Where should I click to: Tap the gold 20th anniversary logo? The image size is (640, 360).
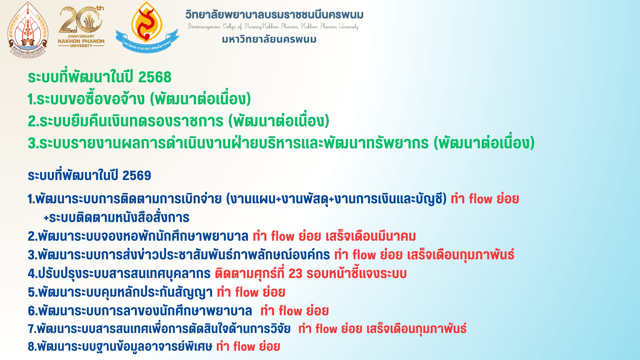tap(81, 27)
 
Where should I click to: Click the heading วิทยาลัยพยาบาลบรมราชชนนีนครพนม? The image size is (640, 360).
tap(274, 15)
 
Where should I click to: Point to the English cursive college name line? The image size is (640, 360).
tap(273, 26)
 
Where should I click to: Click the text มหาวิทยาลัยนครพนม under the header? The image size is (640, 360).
tap(269, 39)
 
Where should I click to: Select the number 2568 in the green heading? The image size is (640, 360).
tap(155, 77)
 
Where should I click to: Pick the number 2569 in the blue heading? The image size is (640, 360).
tap(137, 175)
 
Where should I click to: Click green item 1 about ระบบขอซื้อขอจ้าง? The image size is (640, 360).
tap(139, 99)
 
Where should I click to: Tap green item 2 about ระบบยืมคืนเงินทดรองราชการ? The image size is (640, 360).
tap(178, 121)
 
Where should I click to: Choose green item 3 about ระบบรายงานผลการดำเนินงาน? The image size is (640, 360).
tap(281, 143)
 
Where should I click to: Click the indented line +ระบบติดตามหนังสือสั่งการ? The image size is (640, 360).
tap(117, 218)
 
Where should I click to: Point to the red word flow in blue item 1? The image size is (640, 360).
tap(481, 199)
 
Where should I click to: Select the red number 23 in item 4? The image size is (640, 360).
tap(295, 274)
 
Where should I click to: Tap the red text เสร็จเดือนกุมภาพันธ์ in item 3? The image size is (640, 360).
tap(461, 255)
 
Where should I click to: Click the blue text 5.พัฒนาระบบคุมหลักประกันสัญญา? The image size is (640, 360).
tap(120, 292)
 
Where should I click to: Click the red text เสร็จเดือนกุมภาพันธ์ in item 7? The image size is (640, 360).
tap(416, 329)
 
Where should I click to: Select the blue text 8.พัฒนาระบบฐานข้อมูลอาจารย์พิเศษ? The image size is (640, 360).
tap(120, 347)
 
